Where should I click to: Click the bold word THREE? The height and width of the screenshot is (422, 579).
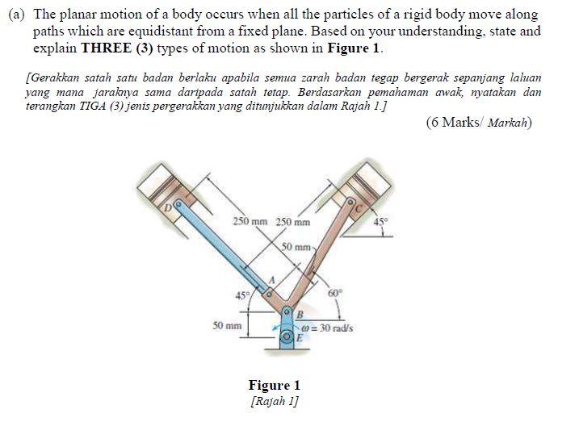coord(105,48)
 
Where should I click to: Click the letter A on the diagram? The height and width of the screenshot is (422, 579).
coord(272,279)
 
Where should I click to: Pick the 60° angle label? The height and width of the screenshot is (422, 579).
coord(335,293)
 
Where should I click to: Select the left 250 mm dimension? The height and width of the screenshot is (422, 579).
coord(250,222)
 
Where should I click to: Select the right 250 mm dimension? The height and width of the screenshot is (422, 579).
coord(292,222)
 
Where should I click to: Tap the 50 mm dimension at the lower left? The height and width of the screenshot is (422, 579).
coord(227,326)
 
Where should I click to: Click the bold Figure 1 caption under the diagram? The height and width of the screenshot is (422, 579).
coord(275,385)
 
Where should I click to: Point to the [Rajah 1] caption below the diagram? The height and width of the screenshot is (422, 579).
coord(275,400)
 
